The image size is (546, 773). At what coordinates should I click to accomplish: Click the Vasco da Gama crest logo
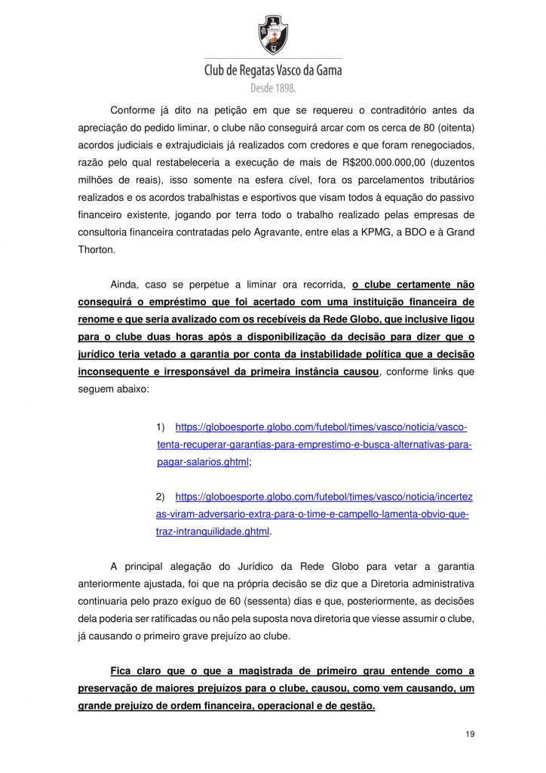coord(273,34)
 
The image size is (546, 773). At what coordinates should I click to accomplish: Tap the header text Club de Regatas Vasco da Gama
coord(273,70)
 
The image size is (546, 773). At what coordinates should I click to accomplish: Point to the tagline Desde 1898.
coord(273,88)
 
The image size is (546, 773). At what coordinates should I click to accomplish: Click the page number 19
coord(470,735)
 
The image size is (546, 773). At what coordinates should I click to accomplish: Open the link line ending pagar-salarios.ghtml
coord(203,462)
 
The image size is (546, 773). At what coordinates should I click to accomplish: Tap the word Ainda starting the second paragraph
coord(124,285)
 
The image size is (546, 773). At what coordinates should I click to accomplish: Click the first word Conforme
coord(132,110)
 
